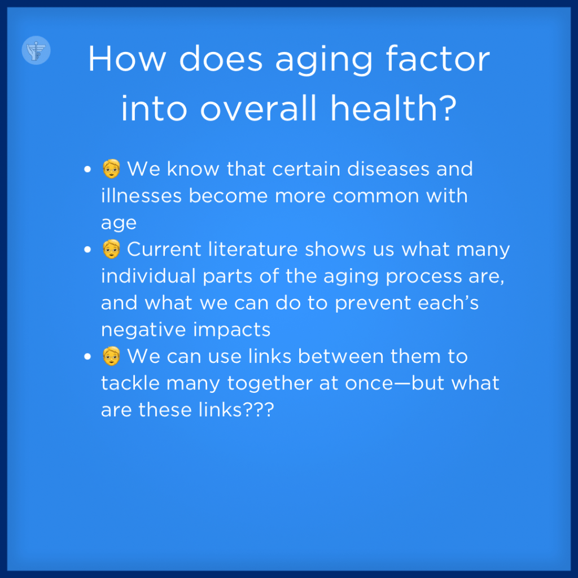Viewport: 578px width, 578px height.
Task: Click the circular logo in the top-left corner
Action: (36, 50)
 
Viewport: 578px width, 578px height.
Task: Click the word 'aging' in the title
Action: (324, 61)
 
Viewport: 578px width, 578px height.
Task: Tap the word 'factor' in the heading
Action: (437, 58)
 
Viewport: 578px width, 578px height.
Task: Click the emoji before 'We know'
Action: (111, 169)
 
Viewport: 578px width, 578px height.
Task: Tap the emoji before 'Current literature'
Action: (111, 249)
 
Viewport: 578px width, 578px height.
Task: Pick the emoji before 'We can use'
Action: (111, 356)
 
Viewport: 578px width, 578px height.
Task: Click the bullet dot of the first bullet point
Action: (87, 169)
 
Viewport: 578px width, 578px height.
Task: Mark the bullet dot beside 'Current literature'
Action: (87, 249)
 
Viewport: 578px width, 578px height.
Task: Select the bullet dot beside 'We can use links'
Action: (87, 357)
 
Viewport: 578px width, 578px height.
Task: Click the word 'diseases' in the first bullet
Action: (388, 169)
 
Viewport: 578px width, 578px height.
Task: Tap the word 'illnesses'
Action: (141, 195)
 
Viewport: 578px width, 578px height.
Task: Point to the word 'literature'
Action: (253, 249)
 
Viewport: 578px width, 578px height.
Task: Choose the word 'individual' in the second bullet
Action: (148, 275)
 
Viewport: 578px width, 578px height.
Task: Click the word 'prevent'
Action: (373, 304)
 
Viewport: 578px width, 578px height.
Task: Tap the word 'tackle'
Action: (130, 383)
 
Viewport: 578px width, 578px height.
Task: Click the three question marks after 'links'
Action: (259, 410)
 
